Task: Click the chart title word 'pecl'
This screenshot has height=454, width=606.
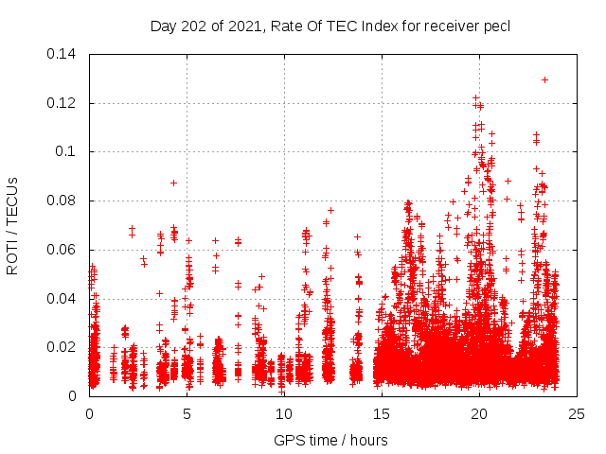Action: pyautogui.click(x=497, y=26)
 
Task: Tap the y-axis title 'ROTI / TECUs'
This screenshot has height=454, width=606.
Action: pyautogui.click(x=12, y=225)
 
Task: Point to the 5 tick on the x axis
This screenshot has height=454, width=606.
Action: pyautogui.click(x=187, y=414)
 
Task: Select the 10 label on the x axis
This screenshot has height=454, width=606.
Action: pyautogui.click(x=284, y=414)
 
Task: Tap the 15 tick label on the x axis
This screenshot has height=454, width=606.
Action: pyautogui.click(x=382, y=414)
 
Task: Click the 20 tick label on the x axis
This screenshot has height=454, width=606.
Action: pyautogui.click(x=479, y=414)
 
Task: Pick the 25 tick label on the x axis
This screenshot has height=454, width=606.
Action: pyautogui.click(x=577, y=414)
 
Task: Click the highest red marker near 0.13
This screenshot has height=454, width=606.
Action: pyautogui.click(x=544, y=79)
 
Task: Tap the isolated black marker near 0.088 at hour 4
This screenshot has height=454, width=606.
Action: pyautogui.click(x=173, y=183)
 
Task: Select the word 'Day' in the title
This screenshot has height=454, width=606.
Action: pyautogui.click(x=163, y=26)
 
